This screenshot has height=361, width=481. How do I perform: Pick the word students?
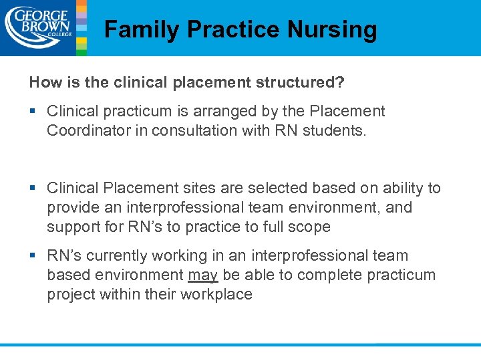tap(334, 131)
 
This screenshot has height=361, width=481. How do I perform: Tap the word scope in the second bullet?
tap(309, 227)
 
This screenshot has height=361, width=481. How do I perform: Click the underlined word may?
tap(203, 275)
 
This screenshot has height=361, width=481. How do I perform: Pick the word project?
tap(71, 295)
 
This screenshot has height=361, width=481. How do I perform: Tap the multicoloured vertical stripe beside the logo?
tap(82, 27)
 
